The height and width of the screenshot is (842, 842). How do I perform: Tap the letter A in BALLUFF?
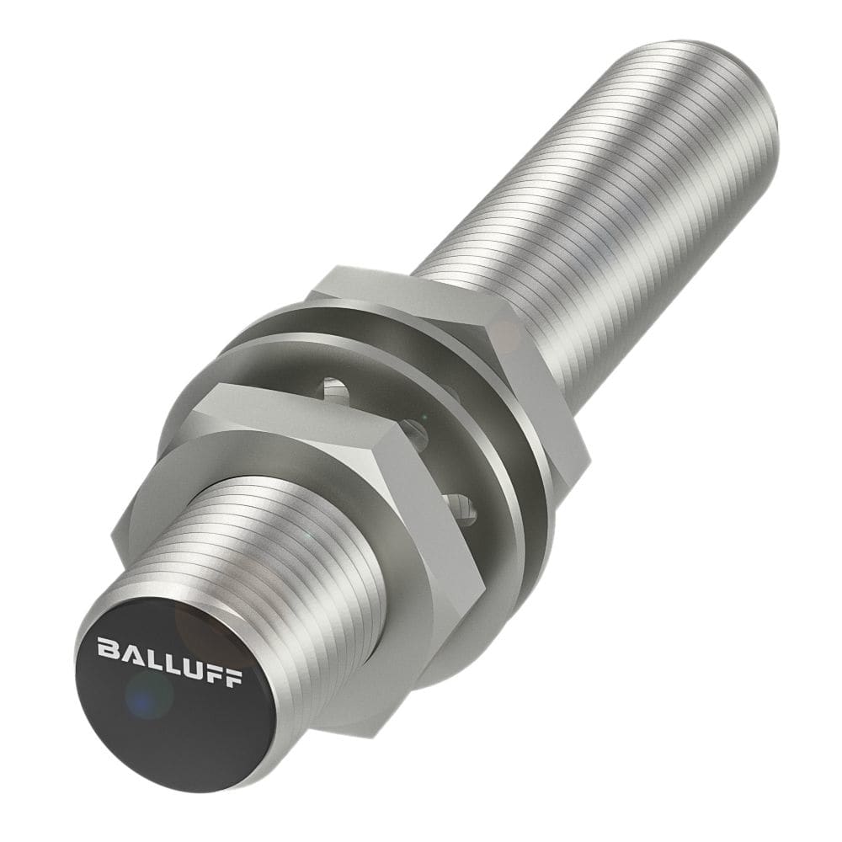129,652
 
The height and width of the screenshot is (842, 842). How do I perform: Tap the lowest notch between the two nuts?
461,505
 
